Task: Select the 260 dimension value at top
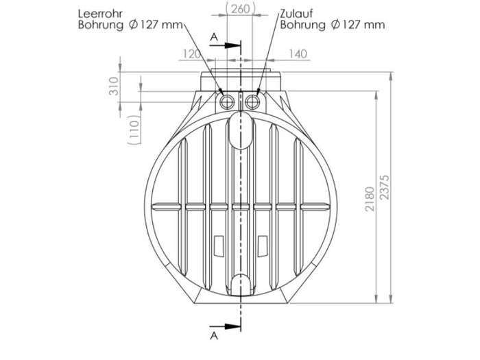[240, 8]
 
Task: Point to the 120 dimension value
[193, 52]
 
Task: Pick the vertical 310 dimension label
[115, 86]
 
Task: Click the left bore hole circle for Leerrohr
[226, 102]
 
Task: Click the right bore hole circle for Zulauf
[253, 102]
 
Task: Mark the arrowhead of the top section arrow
[236, 45]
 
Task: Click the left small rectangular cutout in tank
[219, 244]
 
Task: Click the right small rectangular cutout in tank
[262, 244]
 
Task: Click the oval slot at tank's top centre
[239, 130]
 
